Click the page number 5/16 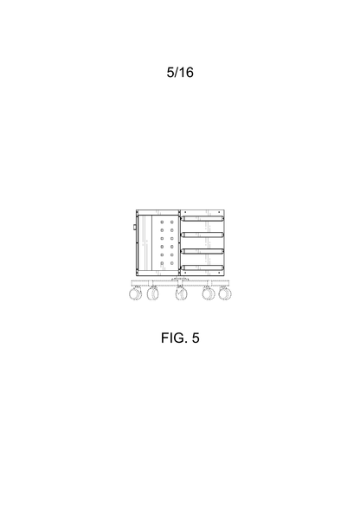180,72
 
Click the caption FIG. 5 180,338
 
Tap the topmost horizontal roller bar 202,219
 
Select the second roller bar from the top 202,235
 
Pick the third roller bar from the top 202,251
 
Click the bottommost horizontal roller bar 202,267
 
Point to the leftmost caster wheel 136,293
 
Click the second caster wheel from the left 153,293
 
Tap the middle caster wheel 182,293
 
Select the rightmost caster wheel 225,293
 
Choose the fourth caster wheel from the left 209,293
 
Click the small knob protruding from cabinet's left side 134,227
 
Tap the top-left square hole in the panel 162,222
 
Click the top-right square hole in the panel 171,222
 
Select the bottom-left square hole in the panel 162,263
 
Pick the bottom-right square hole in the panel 171,263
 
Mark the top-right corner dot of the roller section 222,213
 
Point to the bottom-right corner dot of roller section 222,273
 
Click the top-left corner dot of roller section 183,213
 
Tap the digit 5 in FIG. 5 196,338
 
